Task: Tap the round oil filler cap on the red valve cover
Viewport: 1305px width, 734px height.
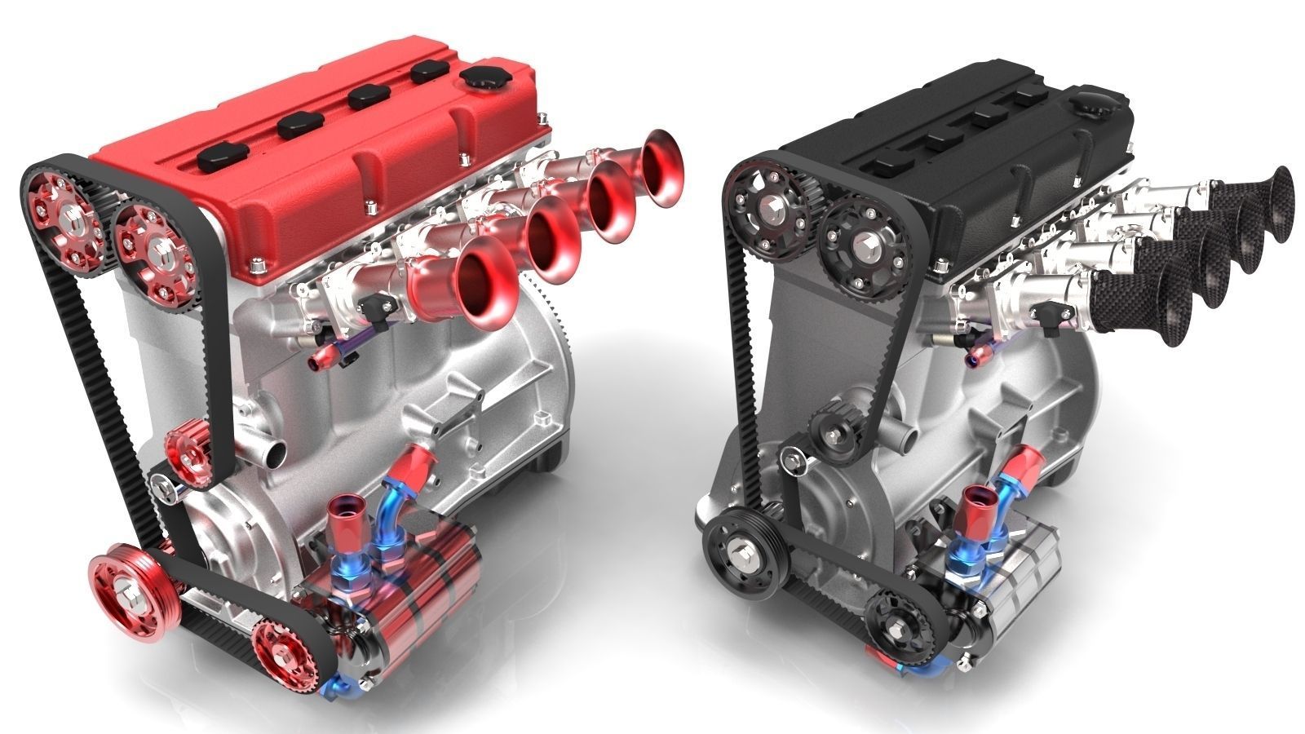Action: (482, 80)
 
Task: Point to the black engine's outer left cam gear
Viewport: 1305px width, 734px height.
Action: (767, 208)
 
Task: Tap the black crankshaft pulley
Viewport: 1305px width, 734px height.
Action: (739, 551)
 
